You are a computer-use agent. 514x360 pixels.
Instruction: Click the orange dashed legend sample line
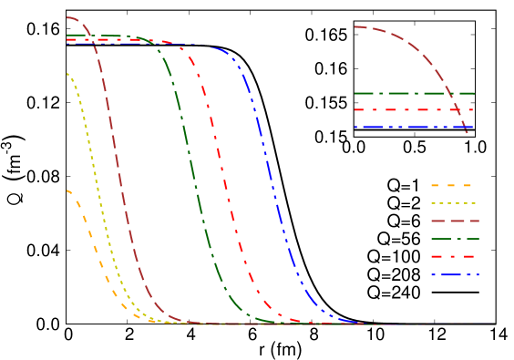click(x=451, y=185)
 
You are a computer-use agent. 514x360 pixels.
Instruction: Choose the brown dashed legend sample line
click(x=454, y=221)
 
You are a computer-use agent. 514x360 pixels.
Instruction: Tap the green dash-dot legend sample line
click(x=454, y=239)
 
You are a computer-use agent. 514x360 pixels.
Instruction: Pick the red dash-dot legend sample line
click(x=453, y=256)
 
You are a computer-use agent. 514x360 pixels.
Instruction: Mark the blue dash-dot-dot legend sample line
click(x=453, y=274)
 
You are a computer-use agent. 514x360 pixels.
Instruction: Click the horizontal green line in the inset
click(x=401, y=93)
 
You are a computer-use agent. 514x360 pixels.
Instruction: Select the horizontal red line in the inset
click(x=401, y=109)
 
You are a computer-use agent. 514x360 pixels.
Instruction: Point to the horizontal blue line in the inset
click(x=401, y=127)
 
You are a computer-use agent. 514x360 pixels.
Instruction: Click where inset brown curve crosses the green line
click(x=450, y=93)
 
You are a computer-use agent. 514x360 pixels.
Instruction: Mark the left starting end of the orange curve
click(x=67, y=190)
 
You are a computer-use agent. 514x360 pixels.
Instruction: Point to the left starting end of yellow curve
click(x=67, y=73)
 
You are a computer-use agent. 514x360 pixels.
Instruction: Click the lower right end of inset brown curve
click(x=468, y=133)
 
